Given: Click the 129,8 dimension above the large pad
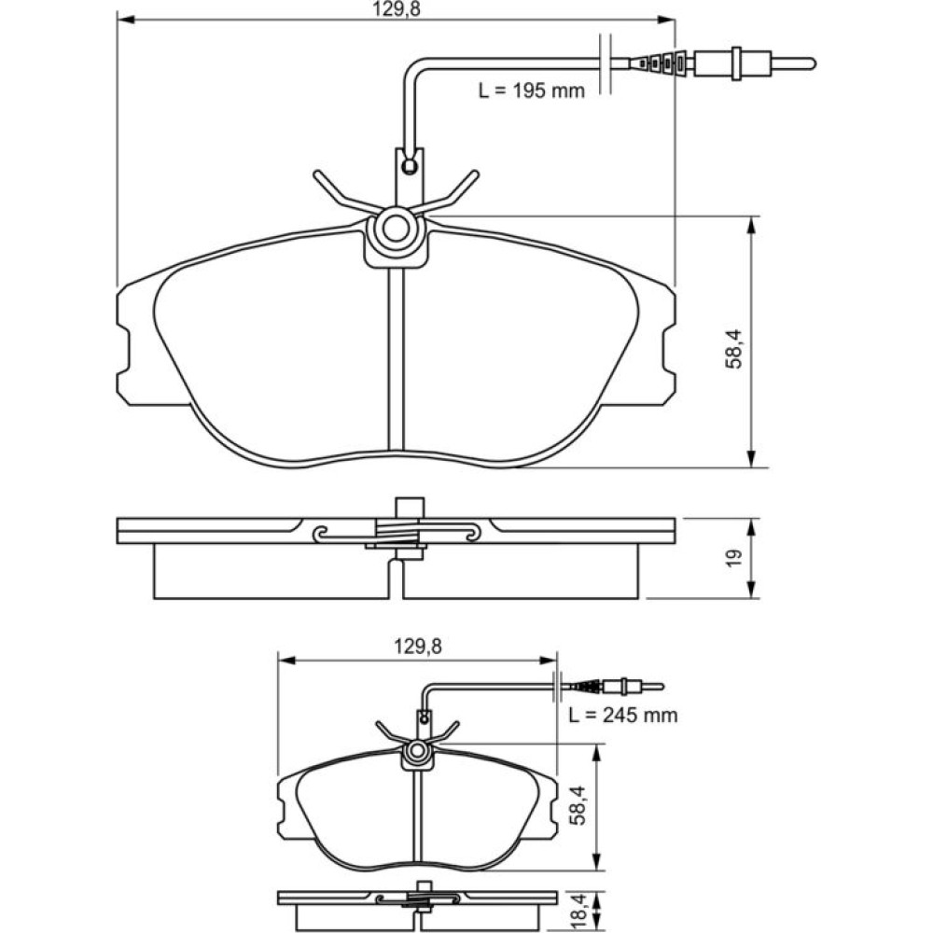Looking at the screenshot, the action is point(397,9).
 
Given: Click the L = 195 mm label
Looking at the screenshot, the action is point(532,91).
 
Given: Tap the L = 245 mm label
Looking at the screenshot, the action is point(623,715).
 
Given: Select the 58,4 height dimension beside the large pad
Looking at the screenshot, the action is point(734,349).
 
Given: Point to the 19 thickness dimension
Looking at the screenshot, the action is point(734,558).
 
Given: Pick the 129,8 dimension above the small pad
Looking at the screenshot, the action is point(418,647).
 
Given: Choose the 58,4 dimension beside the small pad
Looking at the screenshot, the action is point(578,806).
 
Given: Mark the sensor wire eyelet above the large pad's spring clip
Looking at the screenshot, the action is point(409,166).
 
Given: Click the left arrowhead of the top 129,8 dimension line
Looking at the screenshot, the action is point(124,21).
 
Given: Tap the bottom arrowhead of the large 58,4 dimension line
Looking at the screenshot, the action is point(752,459).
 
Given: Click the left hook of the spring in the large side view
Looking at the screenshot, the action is point(321,534).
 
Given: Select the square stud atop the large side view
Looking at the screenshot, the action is point(410,507).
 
